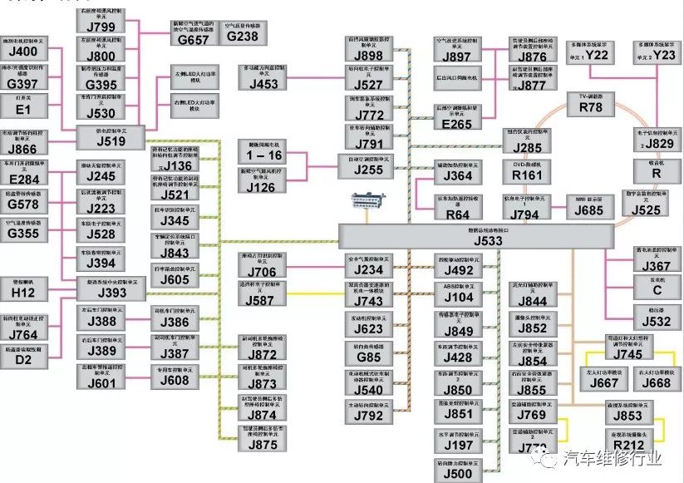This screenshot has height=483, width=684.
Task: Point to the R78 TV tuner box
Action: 590,102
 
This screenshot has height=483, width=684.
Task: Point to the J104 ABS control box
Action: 458,293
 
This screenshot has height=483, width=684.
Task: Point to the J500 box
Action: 458,468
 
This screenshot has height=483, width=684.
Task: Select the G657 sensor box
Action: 194,34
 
